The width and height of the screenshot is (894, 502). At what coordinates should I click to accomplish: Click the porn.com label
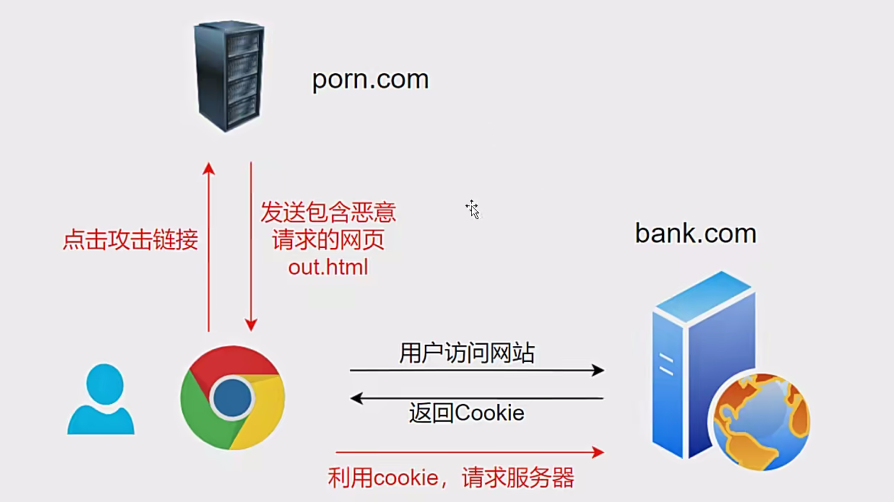point(370,79)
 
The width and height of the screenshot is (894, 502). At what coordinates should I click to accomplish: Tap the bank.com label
point(695,234)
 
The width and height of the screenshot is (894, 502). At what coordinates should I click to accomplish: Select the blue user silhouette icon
point(102,399)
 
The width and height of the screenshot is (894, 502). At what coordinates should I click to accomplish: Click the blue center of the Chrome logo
point(232,399)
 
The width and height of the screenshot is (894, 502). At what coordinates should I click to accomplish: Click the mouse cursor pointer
point(473,210)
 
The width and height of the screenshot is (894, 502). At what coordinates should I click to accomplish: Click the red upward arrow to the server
point(209,246)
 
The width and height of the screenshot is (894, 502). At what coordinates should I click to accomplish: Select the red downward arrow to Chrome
point(251,246)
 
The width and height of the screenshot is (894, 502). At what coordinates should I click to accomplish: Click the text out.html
point(328,267)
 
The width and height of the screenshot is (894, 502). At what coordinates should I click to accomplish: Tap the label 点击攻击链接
point(130,240)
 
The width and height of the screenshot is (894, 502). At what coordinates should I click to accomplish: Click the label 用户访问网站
point(467,353)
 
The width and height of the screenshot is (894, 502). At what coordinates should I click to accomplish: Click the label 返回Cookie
point(467,413)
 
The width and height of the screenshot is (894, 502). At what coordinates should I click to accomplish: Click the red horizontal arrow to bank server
point(469,452)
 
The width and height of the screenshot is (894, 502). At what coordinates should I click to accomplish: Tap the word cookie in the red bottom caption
point(406,479)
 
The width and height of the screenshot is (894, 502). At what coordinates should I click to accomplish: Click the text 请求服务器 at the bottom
point(518,479)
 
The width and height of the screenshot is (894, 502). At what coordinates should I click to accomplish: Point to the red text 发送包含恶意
point(328,212)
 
